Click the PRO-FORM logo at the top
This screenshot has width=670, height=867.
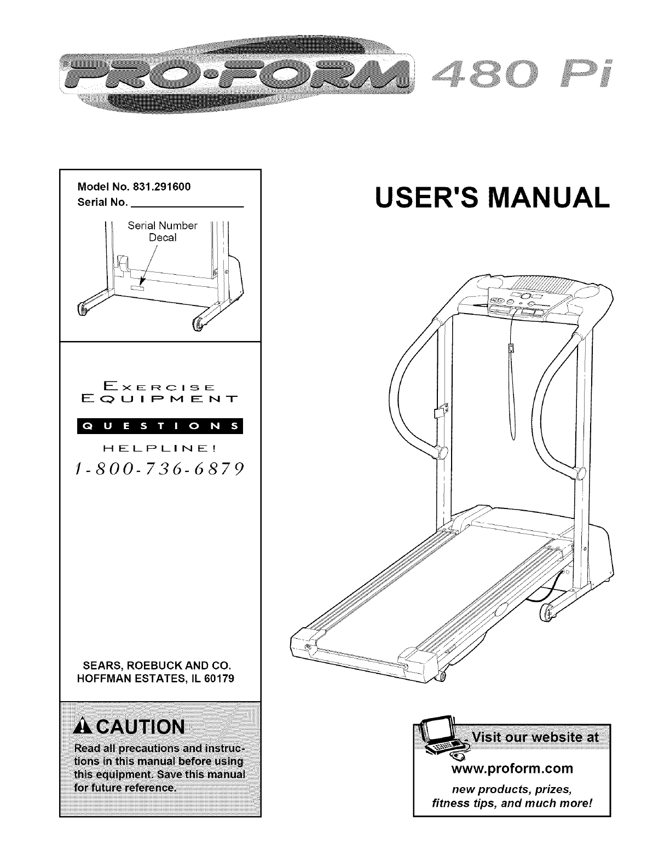[x=235, y=76]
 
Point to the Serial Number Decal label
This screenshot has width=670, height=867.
[x=163, y=232]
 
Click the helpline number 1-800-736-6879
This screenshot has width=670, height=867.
[x=160, y=469]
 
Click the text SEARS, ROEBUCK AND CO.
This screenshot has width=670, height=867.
[x=157, y=667]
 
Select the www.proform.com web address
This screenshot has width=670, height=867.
[x=511, y=768]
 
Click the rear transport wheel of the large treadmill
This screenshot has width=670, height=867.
[x=545, y=612]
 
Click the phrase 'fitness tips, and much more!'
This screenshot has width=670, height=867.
[x=512, y=803]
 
